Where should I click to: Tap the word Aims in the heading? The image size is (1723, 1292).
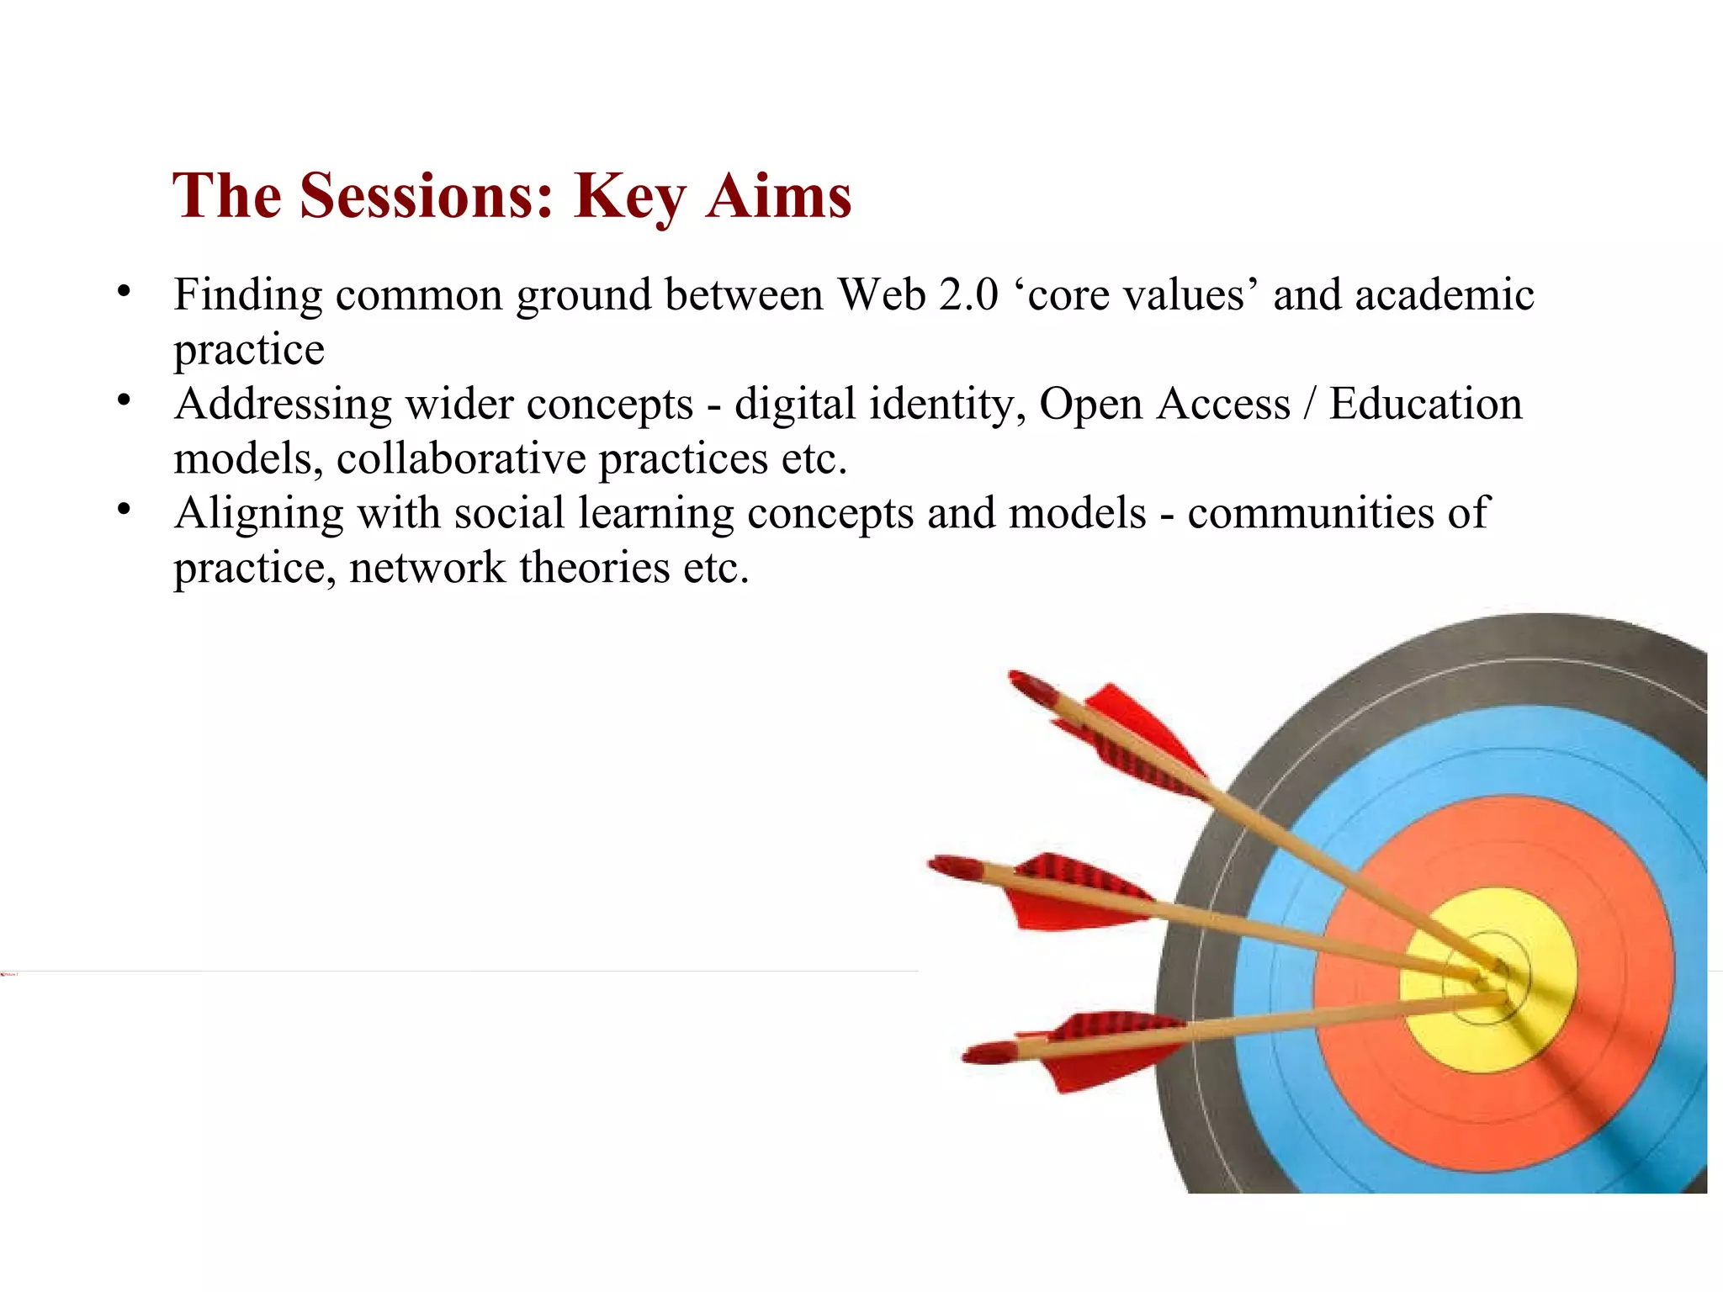click(x=779, y=196)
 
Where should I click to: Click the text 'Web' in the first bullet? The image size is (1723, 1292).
click(x=882, y=295)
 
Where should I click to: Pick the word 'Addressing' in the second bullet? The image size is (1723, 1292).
click(x=283, y=405)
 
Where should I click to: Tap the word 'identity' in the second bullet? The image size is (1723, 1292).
click(x=947, y=405)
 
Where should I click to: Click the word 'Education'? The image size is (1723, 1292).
click(x=1425, y=404)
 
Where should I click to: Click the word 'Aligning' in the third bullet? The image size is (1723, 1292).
click(x=258, y=515)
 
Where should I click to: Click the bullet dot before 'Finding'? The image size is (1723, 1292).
click(x=125, y=292)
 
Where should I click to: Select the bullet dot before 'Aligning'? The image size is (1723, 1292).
click(x=125, y=510)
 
